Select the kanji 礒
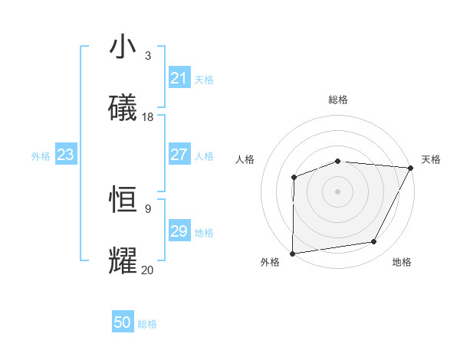click(123, 109)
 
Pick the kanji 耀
click(123, 261)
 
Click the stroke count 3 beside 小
click(148, 55)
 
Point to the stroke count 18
click(148, 117)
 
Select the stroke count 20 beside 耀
click(148, 270)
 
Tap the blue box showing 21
click(179, 78)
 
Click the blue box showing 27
click(179, 155)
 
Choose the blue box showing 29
click(179, 231)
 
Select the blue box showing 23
click(65, 155)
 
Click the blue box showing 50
click(123, 322)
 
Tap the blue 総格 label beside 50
click(147, 324)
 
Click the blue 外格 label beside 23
click(41, 156)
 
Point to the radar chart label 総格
click(337, 100)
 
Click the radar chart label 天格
click(431, 159)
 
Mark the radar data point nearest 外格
click(293, 253)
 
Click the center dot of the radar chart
click(337, 191)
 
